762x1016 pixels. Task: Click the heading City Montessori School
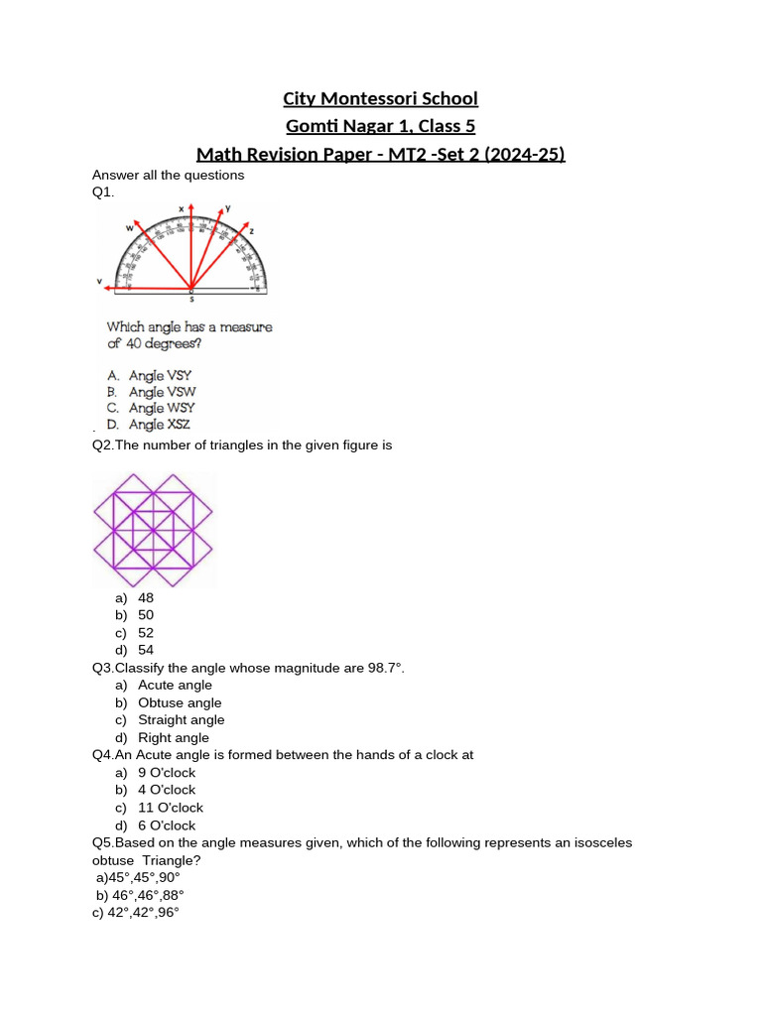click(x=380, y=98)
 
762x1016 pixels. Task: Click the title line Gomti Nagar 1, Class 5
click(x=380, y=126)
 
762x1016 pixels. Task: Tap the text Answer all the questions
click(x=168, y=176)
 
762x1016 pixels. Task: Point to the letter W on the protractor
click(x=129, y=228)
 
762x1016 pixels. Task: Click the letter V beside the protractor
click(x=99, y=282)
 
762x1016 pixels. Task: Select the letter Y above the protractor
click(x=227, y=208)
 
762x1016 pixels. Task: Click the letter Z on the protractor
click(x=251, y=230)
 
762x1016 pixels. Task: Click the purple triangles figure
click(x=153, y=529)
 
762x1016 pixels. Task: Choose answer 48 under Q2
click(x=146, y=597)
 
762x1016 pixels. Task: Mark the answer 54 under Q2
click(x=146, y=650)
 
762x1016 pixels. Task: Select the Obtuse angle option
click(x=180, y=702)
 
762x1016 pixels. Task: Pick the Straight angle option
click(x=182, y=720)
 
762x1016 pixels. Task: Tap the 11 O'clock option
click(x=170, y=808)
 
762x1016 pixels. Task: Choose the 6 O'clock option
click(x=167, y=825)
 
